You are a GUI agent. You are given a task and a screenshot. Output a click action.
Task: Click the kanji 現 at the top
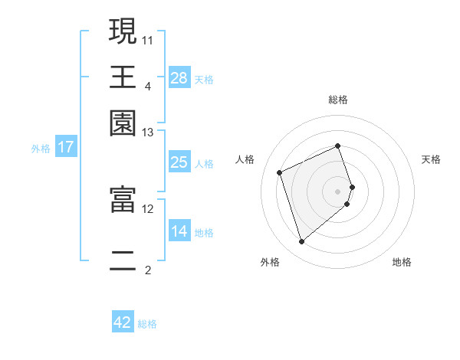point(123,32)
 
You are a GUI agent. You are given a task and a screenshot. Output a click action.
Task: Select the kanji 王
point(123,77)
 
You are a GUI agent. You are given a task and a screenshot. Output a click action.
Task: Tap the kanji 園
point(123,123)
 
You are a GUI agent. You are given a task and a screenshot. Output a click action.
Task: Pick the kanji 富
point(123,200)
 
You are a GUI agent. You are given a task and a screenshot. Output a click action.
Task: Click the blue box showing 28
point(179,78)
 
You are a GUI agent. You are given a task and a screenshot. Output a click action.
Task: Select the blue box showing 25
point(179,162)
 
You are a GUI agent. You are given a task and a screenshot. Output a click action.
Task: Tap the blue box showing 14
point(179,231)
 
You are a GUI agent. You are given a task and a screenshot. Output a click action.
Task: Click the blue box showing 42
point(123,322)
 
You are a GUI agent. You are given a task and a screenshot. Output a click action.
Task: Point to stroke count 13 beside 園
point(148,133)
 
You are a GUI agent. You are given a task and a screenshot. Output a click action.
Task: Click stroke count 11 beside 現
point(148,38)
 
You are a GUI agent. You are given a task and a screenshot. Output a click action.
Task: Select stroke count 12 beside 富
point(148,208)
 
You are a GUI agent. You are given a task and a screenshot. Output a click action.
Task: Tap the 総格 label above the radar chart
point(338,100)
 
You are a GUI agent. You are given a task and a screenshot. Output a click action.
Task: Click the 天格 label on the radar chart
point(431,159)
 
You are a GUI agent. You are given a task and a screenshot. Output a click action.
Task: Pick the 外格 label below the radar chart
point(270,262)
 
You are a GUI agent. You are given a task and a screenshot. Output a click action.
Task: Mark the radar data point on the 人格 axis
point(281,172)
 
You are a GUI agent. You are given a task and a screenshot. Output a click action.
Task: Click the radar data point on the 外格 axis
point(301,242)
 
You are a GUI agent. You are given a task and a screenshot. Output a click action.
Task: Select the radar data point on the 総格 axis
point(338,146)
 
